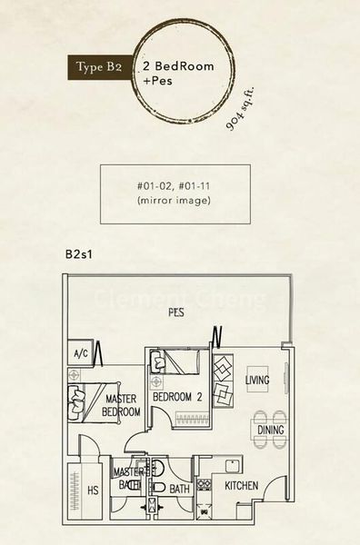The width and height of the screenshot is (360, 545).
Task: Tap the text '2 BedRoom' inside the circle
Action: pos(172,67)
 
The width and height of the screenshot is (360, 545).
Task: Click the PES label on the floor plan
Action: pos(175,312)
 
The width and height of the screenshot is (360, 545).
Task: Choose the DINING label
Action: pos(270,431)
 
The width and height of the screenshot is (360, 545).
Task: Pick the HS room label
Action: pos(92,490)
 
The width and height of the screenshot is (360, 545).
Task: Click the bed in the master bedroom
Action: pos(79,400)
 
